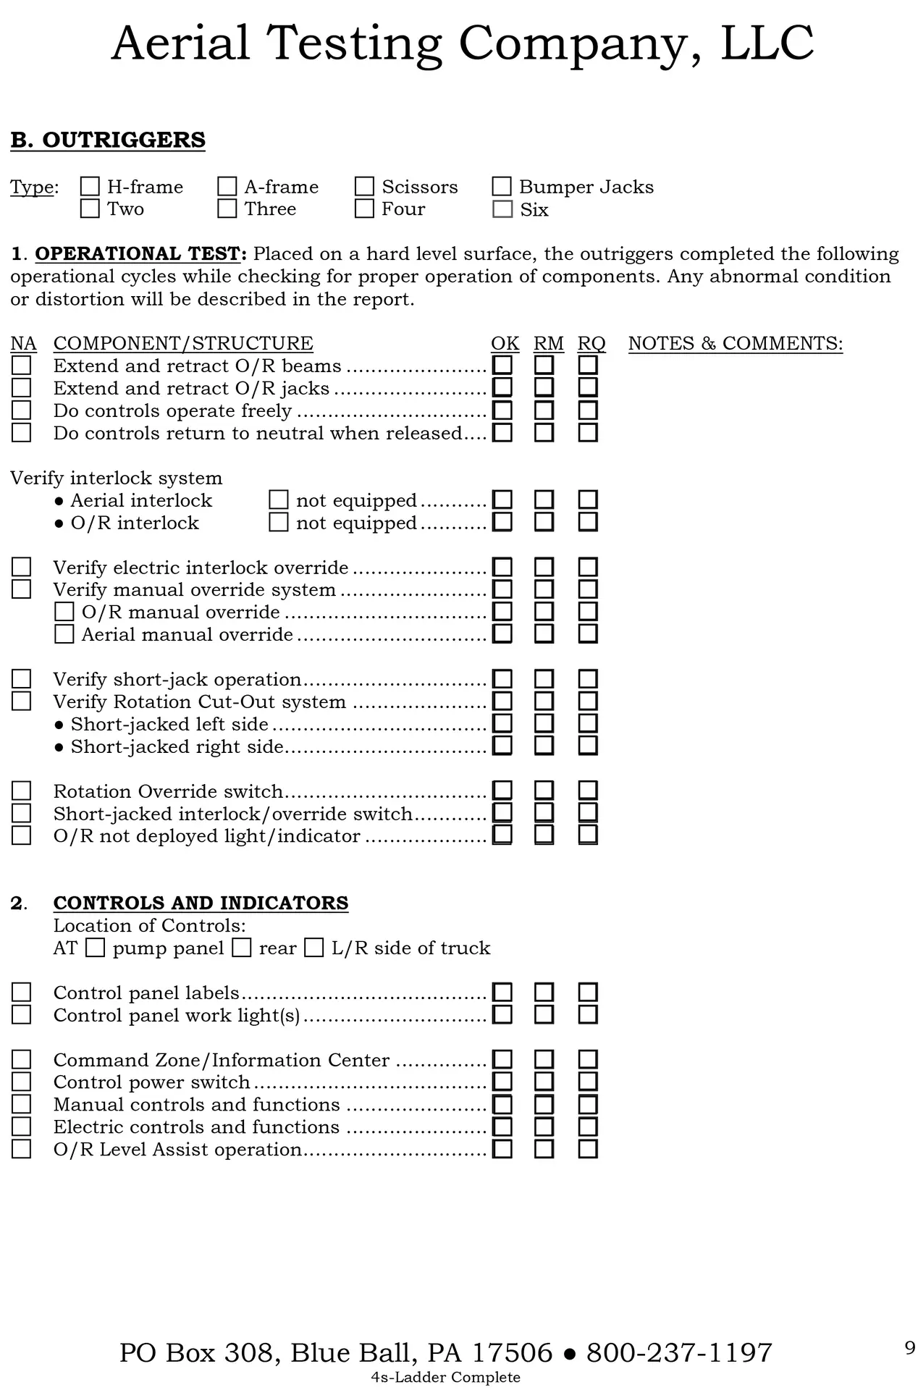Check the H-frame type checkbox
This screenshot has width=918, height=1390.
pyautogui.click(x=90, y=187)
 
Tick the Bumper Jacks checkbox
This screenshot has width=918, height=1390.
pyautogui.click(x=502, y=187)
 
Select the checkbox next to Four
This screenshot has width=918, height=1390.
pyautogui.click(x=364, y=208)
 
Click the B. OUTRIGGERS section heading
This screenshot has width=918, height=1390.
pyautogui.click(x=108, y=140)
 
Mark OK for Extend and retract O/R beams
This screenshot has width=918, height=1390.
pyautogui.click(x=502, y=365)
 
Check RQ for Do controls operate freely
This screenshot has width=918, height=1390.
pyautogui.click(x=588, y=410)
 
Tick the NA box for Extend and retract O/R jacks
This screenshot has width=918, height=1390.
pyautogui.click(x=22, y=388)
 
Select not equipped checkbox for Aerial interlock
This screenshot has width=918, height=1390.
pyautogui.click(x=279, y=500)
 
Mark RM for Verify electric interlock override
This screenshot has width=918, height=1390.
pyautogui.click(x=544, y=568)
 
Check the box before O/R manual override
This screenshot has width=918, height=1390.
pyautogui.click(x=64, y=612)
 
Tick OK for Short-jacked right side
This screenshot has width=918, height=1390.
pyautogui.click(x=502, y=746)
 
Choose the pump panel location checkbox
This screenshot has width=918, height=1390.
pyautogui.click(x=96, y=948)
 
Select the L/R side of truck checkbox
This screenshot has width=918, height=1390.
pyautogui.click(x=314, y=948)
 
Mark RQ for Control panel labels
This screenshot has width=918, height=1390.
pyautogui.click(x=588, y=993)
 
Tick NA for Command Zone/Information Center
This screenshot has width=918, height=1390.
pyautogui.click(x=22, y=1060)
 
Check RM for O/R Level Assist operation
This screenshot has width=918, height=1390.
pyautogui.click(x=544, y=1149)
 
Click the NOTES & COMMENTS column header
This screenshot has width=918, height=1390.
pyautogui.click(x=736, y=343)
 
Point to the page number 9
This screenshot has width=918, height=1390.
pyautogui.click(x=910, y=1348)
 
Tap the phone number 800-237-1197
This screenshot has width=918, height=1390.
pyautogui.click(x=679, y=1352)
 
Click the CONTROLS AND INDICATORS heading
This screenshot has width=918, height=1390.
pyautogui.click(x=201, y=903)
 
